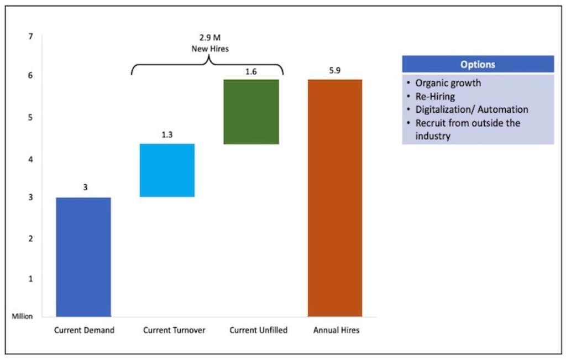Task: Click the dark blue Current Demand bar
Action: point(83,257)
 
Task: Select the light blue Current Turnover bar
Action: point(167,170)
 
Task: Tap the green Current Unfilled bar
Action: point(250,112)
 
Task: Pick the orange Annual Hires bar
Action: point(334,197)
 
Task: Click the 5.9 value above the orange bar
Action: point(334,71)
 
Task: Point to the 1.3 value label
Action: point(167,134)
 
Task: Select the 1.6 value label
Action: point(250,71)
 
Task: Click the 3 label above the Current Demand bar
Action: point(85,187)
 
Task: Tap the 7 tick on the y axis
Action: point(31,36)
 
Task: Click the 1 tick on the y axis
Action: point(31,279)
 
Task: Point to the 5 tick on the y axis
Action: point(31,117)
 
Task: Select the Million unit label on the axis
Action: point(23,316)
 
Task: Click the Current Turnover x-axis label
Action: point(174,330)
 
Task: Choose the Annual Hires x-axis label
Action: point(336,330)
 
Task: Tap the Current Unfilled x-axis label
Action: point(258,330)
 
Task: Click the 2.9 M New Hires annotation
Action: point(209,44)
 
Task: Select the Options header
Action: point(478,64)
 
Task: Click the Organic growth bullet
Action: point(448,83)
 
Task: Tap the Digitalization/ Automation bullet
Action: point(471,109)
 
